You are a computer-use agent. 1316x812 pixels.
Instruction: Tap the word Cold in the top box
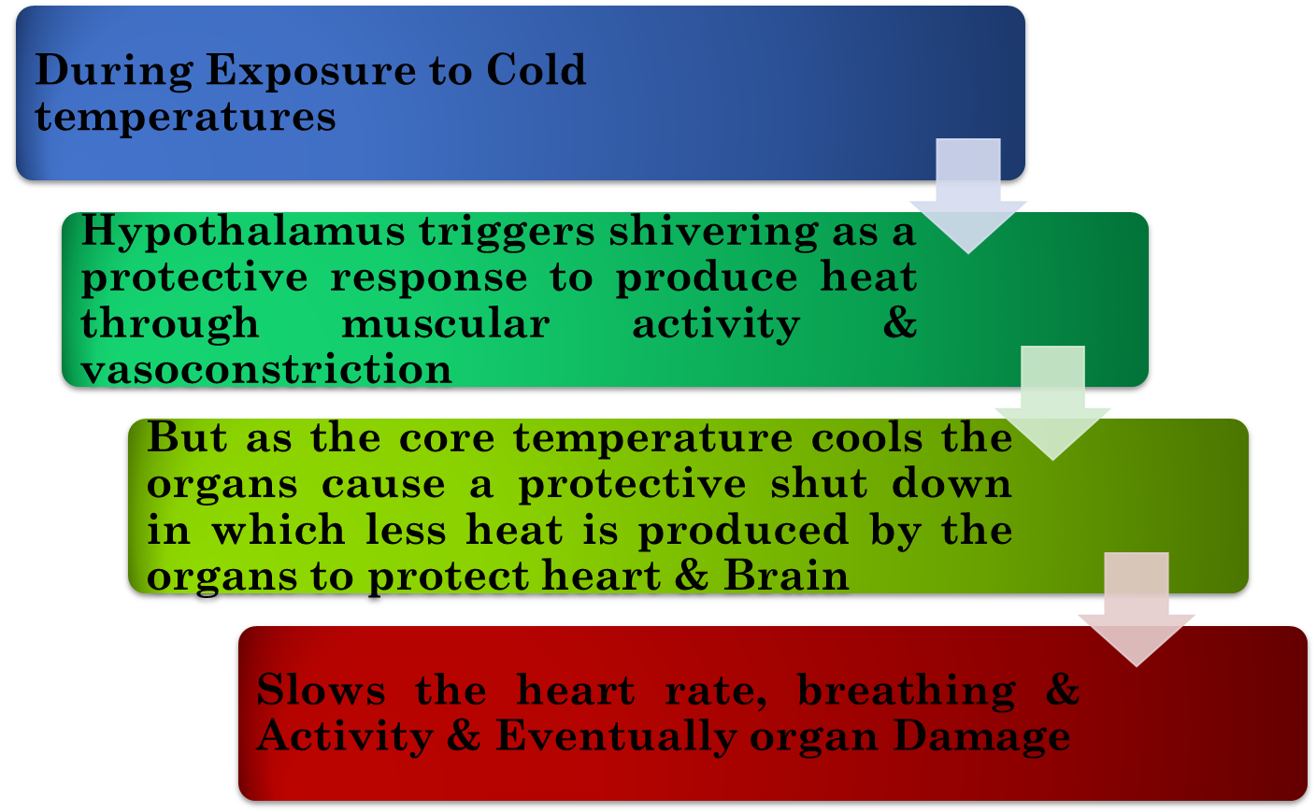pyautogui.click(x=536, y=70)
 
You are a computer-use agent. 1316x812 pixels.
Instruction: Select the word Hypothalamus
pyautogui.click(x=243, y=232)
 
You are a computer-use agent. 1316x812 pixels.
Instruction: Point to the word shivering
pyautogui.click(x=713, y=232)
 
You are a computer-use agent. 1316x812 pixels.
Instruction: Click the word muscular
pyautogui.click(x=445, y=324)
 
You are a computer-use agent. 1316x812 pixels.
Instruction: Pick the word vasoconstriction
pyautogui.click(x=266, y=369)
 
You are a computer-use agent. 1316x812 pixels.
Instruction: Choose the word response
pyautogui.click(x=428, y=278)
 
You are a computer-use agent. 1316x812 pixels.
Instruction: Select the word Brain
pyautogui.click(x=786, y=576)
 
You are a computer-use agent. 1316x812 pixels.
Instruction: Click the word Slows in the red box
pyautogui.click(x=321, y=691)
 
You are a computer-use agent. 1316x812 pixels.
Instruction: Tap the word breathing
pyautogui.click(x=906, y=691)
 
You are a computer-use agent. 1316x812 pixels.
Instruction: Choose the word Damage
pyautogui.click(x=981, y=736)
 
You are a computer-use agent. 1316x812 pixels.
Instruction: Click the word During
pyautogui.click(x=114, y=71)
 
